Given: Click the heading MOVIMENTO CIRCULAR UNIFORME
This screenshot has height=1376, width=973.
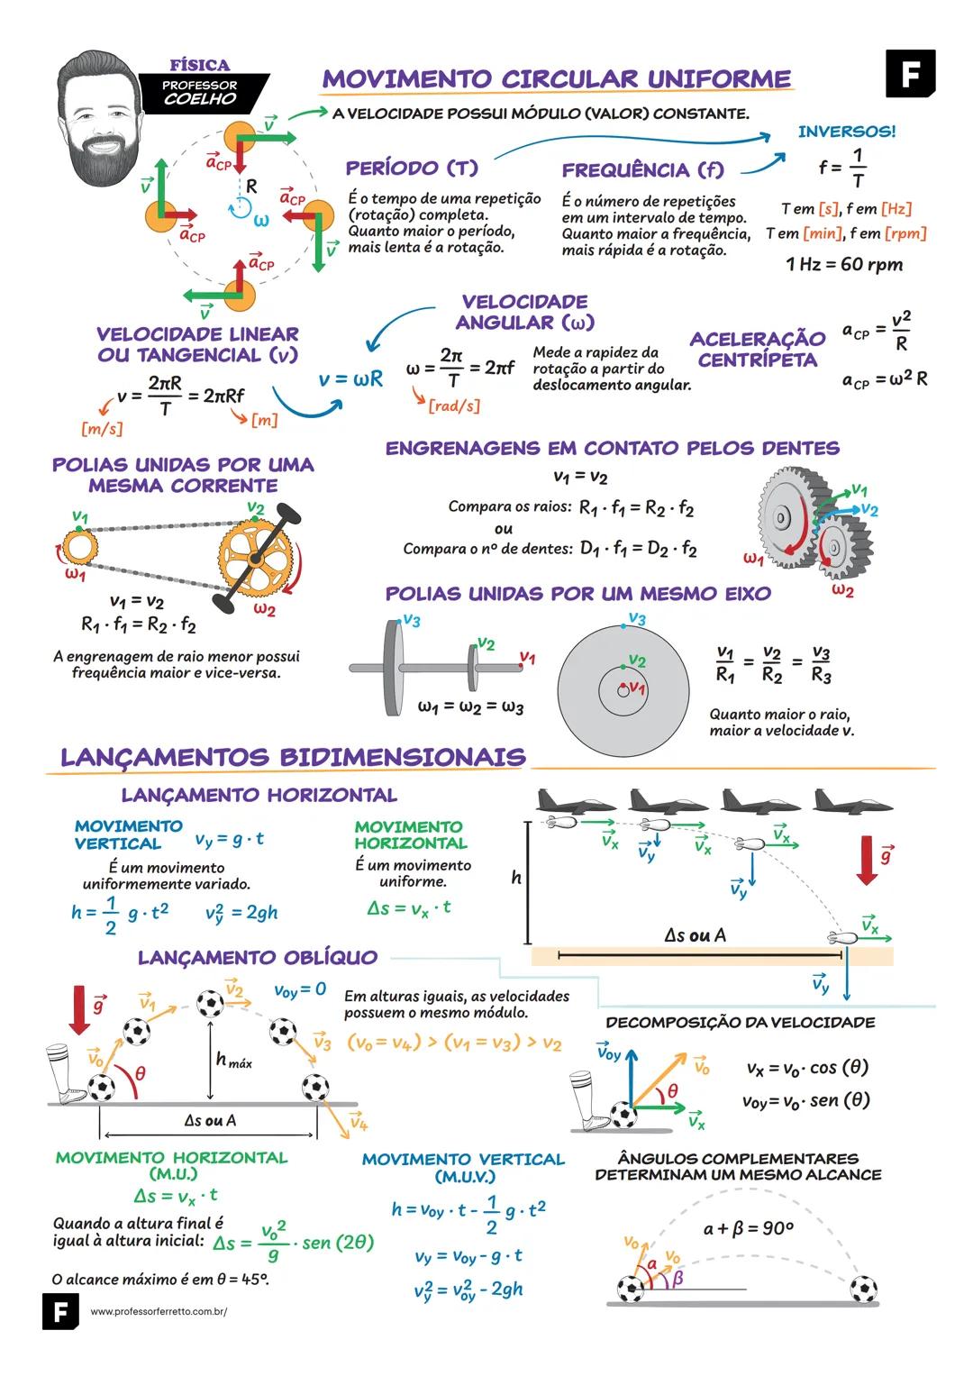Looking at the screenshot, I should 557,79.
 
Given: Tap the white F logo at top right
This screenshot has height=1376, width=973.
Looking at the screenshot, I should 910,73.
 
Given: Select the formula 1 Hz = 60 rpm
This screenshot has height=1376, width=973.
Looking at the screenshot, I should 843,264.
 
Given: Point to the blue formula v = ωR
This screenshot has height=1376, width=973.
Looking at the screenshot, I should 350,379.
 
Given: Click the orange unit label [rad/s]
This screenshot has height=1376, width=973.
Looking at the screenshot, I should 453,406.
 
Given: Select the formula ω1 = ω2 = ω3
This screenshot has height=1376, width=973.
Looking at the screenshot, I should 470,706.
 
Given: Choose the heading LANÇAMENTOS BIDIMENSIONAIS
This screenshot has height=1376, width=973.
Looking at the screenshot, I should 293,757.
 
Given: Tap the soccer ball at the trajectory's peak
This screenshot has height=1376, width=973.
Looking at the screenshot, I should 210,1003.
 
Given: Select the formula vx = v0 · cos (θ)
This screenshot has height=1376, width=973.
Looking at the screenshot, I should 807,1068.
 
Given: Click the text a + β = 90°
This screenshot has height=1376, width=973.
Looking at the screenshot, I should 748,1228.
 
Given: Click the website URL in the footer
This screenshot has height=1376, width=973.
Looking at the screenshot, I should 159,1312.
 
